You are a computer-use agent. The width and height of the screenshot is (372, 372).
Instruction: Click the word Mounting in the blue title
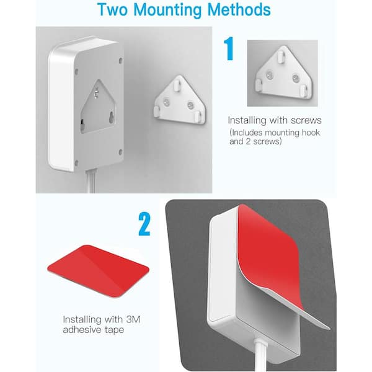pyautogui.click(x=168, y=9)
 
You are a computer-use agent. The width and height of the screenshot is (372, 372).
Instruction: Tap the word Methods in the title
pyautogui.click(x=239, y=9)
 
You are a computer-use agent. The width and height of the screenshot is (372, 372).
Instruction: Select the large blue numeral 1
pyautogui.click(x=229, y=48)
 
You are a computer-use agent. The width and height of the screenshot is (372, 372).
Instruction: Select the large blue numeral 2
pyautogui.click(x=144, y=224)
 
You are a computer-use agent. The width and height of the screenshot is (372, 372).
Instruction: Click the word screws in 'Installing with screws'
pyautogui.click(x=306, y=120)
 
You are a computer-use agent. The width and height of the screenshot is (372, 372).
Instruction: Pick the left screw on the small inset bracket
pyautogui.click(x=269, y=76)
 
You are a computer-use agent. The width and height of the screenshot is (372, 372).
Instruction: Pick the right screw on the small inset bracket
pyautogui.click(x=296, y=77)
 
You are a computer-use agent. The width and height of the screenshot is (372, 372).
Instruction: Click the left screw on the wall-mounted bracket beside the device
pyautogui.click(x=166, y=102)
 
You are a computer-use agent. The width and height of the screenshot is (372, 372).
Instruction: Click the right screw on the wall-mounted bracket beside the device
pyautogui.click(x=190, y=105)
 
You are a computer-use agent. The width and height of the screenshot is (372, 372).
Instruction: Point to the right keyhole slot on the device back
pyautogui.click(x=112, y=118)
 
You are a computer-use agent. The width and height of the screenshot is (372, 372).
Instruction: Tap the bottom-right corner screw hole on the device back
pyautogui.click(x=120, y=152)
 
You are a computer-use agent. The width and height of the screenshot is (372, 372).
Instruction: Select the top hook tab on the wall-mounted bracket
pyautogui.click(x=177, y=86)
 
